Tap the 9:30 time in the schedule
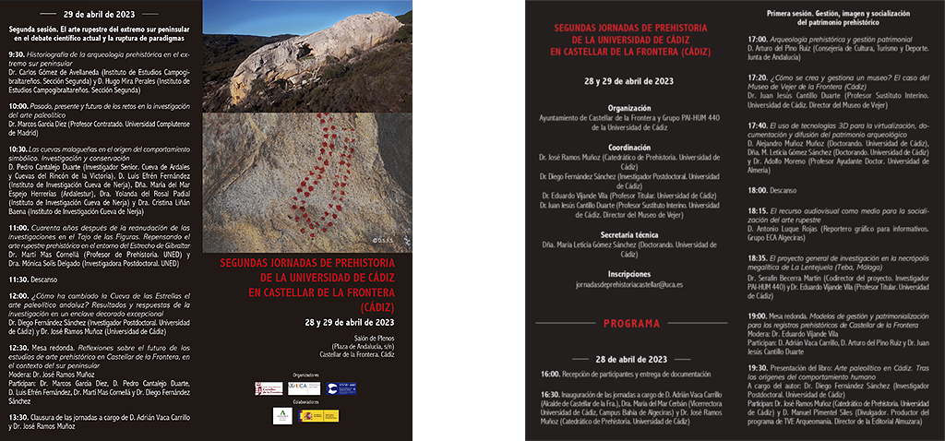(x=17, y=54)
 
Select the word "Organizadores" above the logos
(x=306, y=375)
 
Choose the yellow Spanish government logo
(x=319, y=416)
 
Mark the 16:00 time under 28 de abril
(x=550, y=374)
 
